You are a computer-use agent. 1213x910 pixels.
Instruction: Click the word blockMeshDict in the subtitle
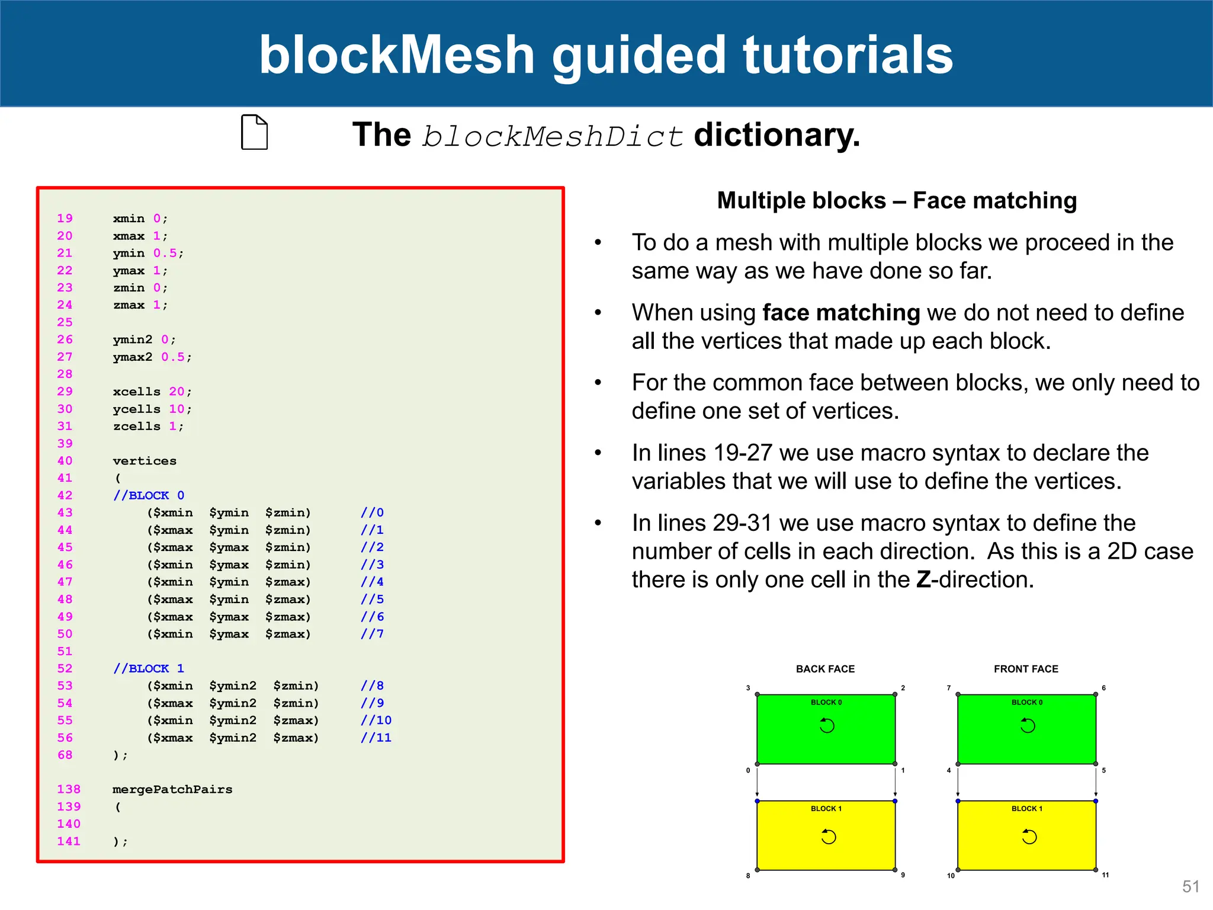[553, 136]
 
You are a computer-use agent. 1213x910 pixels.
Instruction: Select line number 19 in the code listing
[65, 219]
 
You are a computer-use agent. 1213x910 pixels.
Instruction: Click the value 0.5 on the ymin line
[165, 253]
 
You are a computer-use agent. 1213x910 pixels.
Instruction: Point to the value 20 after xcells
[177, 392]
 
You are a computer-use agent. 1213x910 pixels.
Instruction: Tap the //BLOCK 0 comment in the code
[149, 495]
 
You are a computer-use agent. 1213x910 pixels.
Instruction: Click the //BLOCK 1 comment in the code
[149, 668]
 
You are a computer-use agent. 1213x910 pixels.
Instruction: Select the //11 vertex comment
[376, 738]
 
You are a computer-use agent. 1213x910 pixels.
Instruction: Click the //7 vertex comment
[373, 634]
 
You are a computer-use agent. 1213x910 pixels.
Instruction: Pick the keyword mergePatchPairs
[172, 789]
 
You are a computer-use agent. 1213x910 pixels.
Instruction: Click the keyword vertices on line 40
[145, 461]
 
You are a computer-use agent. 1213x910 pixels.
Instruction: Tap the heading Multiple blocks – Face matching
[897, 200]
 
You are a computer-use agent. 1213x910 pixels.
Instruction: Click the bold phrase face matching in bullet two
[841, 312]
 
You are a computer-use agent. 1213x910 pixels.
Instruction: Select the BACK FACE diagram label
[825, 669]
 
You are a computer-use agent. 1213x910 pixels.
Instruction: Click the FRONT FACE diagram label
[1026, 669]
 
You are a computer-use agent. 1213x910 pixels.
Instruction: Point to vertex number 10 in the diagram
[951, 875]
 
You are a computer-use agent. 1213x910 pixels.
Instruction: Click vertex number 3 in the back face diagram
[748, 688]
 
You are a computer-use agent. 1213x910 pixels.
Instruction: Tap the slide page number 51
[1190, 886]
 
